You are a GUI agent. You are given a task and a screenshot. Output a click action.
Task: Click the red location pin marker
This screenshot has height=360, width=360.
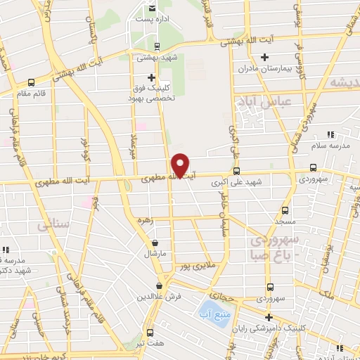pyautogui.click(x=181, y=165)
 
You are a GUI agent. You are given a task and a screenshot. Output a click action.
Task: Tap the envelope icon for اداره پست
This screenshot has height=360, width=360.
pyautogui.click(x=151, y=8)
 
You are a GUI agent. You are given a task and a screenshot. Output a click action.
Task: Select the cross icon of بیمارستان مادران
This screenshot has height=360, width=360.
pyautogui.click(x=264, y=57)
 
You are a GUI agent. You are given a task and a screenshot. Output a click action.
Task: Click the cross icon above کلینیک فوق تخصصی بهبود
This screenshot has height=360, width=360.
pyautogui.click(x=151, y=77)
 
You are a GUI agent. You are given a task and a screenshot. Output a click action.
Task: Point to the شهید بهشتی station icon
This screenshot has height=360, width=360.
pyautogui.click(x=156, y=46)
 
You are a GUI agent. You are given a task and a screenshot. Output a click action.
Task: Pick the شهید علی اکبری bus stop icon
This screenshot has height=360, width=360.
pyautogui.click(x=236, y=170)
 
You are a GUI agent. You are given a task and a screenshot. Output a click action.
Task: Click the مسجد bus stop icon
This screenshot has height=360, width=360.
pyautogui.click(x=285, y=210)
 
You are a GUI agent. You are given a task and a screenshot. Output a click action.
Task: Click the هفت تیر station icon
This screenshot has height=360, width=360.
pyautogui.click(x=149, y=333)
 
